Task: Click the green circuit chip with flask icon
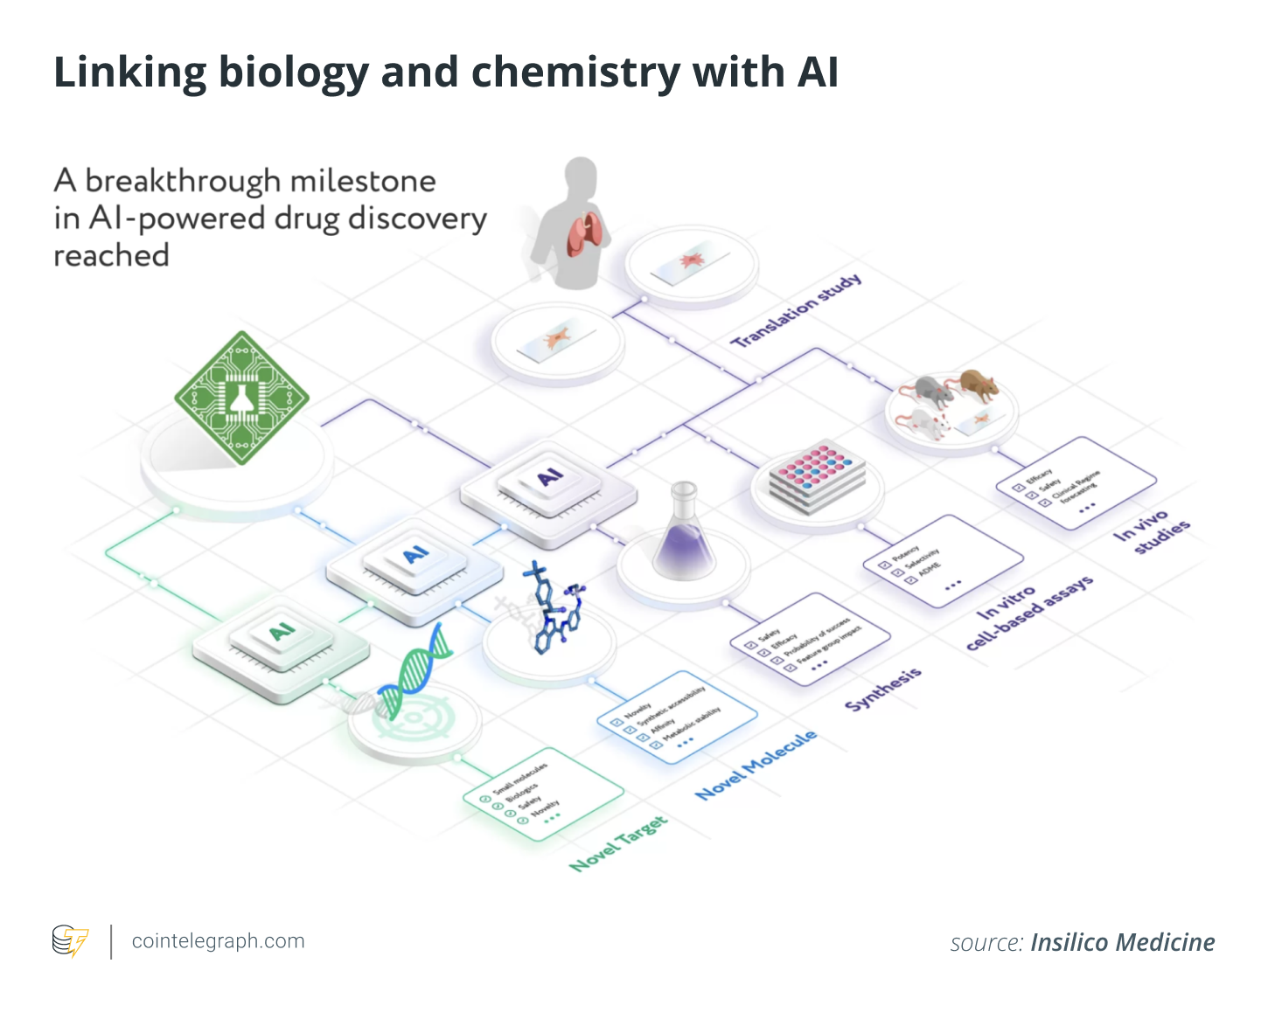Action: click(x=241, y=398)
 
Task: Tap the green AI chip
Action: click(x=282, y=634)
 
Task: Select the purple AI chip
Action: click(x=549, y=479)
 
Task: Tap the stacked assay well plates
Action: click(x=817, y=476)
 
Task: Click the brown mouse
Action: click(x=977, y=384)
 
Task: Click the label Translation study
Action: click(x=796, y=311)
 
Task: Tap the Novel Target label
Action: click(x=618, y=843)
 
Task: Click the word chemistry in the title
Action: click(x=575, y=73)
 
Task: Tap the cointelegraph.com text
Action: click(x=218, y=941)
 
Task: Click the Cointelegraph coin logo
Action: click(x=70, y=941)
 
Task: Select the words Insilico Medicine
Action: click(x=1122, y=942)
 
